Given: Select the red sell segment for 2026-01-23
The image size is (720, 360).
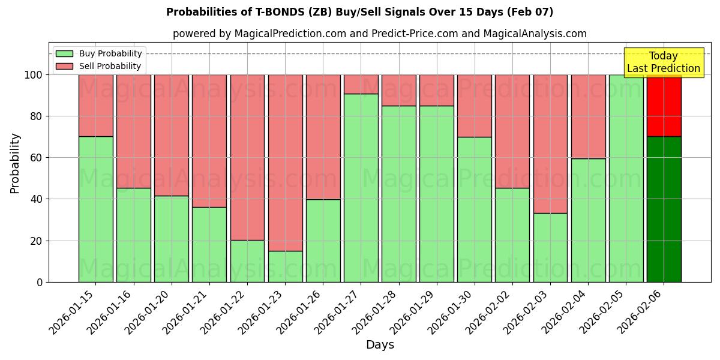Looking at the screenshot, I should pos(285,163).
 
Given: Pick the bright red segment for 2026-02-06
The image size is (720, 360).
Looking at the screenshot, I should pos(664,106).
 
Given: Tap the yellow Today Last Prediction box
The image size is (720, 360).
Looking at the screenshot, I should pos(663,62).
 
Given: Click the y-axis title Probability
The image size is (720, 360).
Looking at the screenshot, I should pos(15,163).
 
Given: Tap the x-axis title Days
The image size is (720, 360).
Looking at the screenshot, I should pos(380,345).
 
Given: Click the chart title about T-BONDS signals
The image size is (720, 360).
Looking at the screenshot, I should pos(359,12).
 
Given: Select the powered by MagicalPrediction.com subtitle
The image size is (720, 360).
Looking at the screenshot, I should pos(379,34).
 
